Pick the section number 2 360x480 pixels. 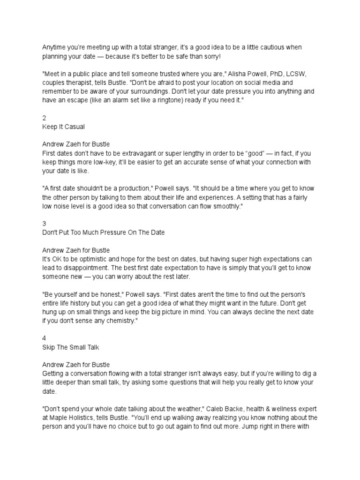click(45, 118)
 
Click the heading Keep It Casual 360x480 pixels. click(63, 127)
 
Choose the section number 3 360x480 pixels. click(45, 224)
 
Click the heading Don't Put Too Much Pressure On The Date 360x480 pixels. click(104, 232)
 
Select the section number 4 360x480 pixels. click(45, 338)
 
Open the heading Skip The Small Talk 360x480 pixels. click(71, 347)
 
